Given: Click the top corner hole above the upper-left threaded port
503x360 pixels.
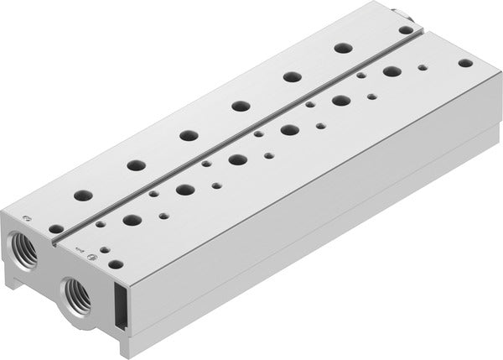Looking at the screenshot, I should tap(55, 228).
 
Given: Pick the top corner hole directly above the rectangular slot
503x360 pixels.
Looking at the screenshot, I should tap(116, 263).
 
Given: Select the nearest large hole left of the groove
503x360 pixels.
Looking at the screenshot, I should tap(82, 196).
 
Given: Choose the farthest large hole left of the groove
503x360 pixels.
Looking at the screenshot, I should tap(342, 48).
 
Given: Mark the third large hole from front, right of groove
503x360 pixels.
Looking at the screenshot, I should tap(237, 159).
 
